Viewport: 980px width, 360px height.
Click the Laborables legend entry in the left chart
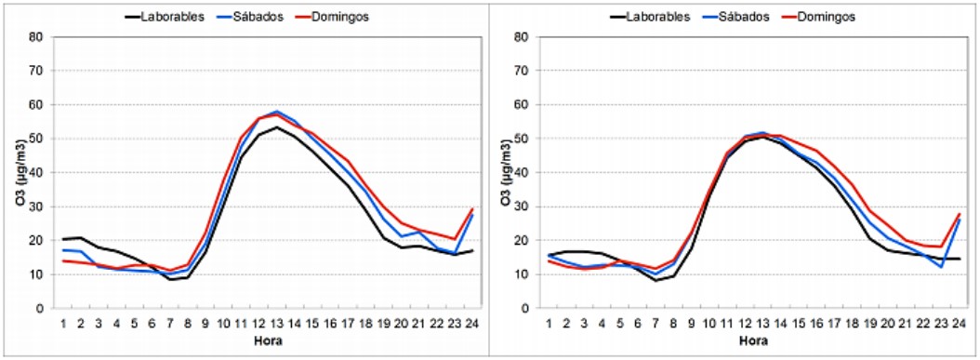coord(165,17)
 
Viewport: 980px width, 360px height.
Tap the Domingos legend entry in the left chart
coord(332,17)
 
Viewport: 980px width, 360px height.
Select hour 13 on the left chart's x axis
coord(275,323)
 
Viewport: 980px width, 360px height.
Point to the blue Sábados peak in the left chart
coord(275,112)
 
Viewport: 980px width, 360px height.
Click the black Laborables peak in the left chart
coord(275,127)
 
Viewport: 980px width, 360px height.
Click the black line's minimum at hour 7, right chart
coord(655,281)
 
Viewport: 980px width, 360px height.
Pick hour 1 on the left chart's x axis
coord(63,323)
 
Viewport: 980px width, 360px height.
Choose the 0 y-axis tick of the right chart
coord(525,308)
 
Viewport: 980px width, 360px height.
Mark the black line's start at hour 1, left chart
coord(63,239)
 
